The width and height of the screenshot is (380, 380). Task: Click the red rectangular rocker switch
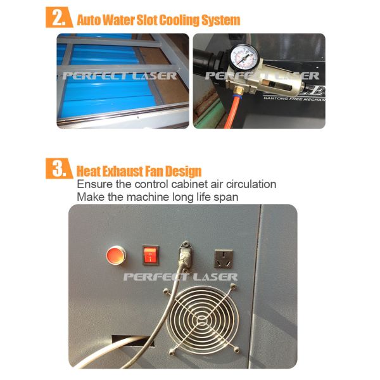pos(149,255)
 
